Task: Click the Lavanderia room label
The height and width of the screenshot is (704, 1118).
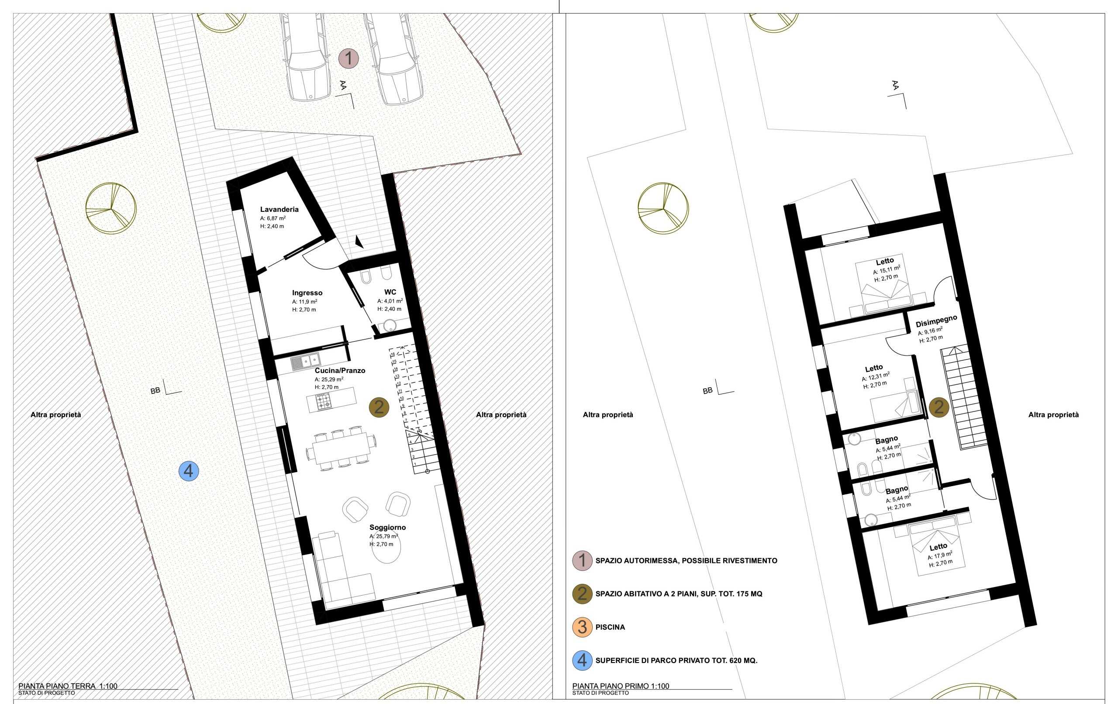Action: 279,210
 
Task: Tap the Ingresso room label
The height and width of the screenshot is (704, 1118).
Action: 307,293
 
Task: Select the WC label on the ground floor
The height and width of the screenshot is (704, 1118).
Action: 390,292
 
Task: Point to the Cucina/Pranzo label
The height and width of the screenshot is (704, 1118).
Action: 340,371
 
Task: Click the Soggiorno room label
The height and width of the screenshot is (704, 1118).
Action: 388,527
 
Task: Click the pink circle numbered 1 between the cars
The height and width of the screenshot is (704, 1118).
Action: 348,59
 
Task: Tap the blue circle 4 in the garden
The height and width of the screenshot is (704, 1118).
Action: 189,471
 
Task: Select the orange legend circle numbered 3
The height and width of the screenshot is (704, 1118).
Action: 582,627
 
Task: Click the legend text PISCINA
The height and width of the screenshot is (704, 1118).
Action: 610,627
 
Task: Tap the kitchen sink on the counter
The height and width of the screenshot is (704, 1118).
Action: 306,360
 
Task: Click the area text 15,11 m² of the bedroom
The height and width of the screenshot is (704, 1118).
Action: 887,270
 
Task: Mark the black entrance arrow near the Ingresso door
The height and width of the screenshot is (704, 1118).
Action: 358,241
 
